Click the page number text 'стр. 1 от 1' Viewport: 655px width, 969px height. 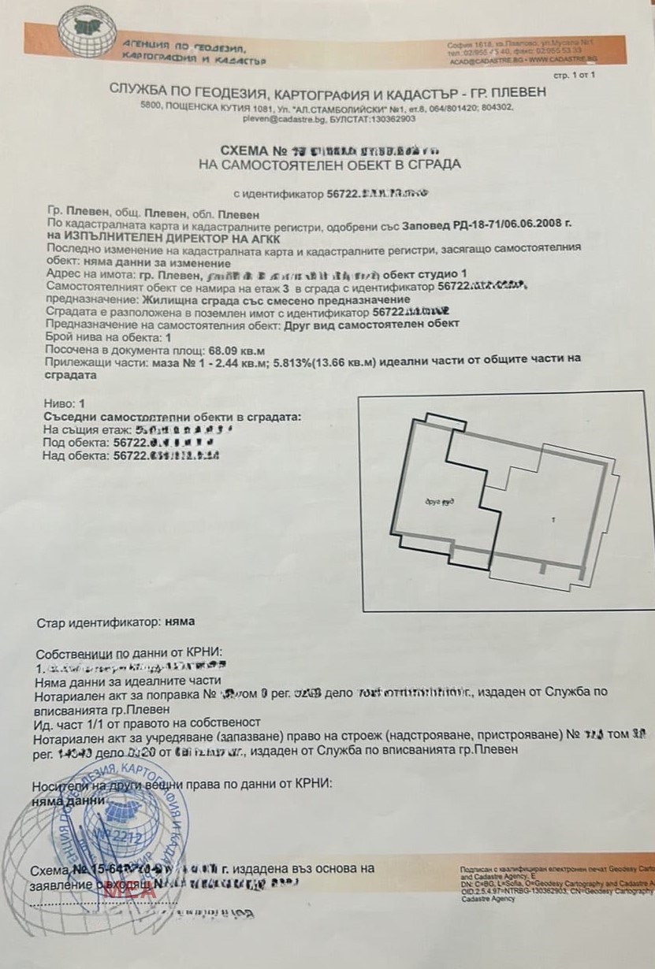[575, 74]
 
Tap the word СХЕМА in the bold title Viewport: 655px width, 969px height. [245, 150]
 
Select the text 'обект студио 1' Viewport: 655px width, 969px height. [424, 274]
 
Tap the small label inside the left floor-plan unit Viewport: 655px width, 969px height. [440, 501]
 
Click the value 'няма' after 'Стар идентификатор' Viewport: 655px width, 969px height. [180, 622]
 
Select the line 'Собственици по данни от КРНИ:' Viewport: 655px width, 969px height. [130, 653]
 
